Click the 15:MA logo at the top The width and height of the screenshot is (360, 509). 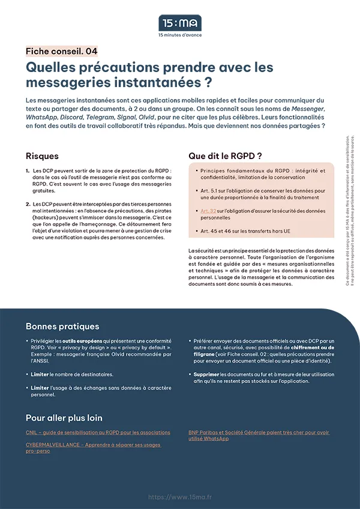(180, 23)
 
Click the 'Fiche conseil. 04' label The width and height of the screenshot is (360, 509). (62, 51)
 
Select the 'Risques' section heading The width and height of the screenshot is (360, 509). (42, 156)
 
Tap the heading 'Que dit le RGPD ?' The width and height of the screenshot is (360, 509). (225, 155)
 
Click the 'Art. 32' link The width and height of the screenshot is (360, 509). (208, 211)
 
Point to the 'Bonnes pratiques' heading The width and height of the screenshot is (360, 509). (62, 327)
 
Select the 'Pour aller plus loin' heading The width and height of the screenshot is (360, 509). (64, 418)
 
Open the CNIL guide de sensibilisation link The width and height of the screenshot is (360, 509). (98, 432)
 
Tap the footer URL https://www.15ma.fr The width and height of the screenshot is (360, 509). (179, 497)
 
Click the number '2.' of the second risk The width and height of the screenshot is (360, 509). (28, 205)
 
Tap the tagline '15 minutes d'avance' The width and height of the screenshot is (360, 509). (180, 35)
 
